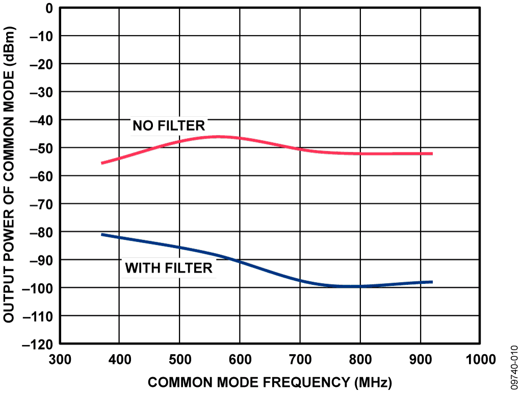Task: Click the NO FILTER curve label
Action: tap(169, 125)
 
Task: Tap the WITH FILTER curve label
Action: tap(169, 268)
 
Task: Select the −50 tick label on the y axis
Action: tap(42, 148)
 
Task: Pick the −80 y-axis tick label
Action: tap(42, 232)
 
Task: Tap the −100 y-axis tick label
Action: tap(38, 288)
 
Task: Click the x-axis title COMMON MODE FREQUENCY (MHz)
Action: tap(270, 382)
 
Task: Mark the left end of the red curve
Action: tap(102, 163)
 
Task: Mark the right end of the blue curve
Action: tap(432, 282)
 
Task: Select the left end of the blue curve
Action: tap(102, 234)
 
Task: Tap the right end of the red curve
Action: tap(432, 153)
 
